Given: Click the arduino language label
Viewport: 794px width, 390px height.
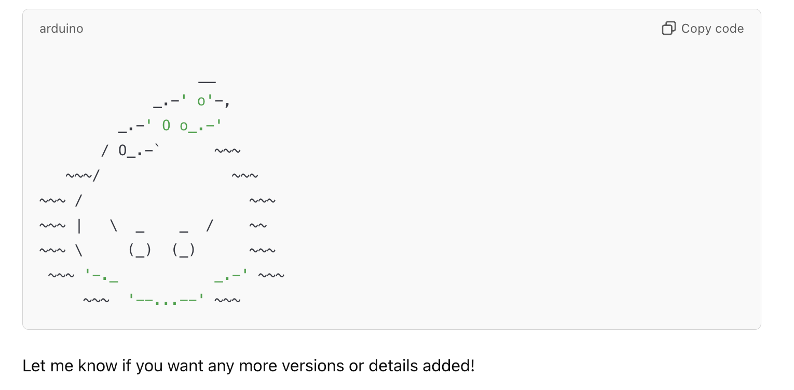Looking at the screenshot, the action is point(61,29).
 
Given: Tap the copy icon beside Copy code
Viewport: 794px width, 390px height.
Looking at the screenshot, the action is point(668,29).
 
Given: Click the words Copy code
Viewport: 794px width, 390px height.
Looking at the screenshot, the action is point(712,29).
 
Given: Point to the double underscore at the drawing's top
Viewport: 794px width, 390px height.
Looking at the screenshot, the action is point(207,82).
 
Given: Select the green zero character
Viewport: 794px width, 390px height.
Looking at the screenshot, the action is point(166,126).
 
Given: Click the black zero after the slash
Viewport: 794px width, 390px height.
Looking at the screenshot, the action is point(122,151).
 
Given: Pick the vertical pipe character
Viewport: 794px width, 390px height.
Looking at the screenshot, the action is point(79,226).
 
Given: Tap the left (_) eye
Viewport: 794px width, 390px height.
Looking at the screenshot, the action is point(140,250).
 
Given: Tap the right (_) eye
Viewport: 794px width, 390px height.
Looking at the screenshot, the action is point(184,250).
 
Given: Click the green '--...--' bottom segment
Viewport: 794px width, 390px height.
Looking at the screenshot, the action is point(167,300).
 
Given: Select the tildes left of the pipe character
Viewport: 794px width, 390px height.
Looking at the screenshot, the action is point(52,226).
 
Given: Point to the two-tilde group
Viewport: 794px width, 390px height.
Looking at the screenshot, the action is point(258,226).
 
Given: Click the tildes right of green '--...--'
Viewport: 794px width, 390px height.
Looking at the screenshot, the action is point(227,300).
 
